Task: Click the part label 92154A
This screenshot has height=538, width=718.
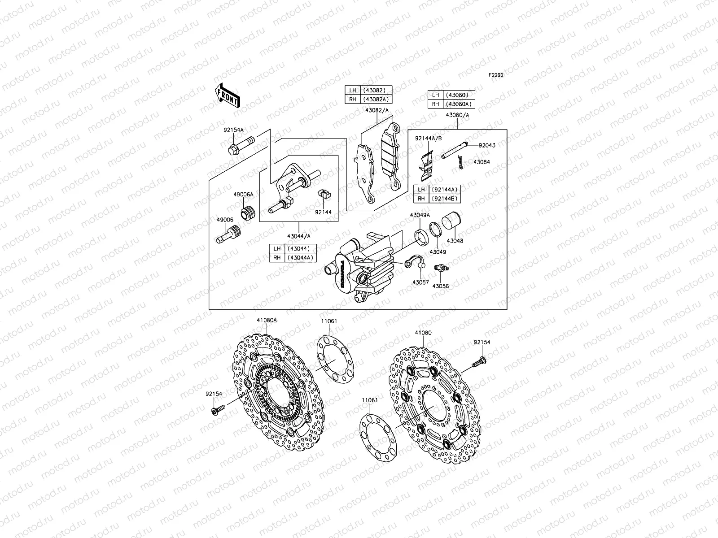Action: click(233, 130)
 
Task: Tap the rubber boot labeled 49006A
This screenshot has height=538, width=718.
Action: click(248, 213)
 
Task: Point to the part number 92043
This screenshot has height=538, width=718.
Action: click(486, 145)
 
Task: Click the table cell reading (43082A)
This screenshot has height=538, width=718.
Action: click(377, 99)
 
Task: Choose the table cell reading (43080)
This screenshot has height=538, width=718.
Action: click(458, 95)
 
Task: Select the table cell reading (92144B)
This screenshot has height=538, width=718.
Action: click(444, 199)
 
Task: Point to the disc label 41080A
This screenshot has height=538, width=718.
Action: click(267, 321)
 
